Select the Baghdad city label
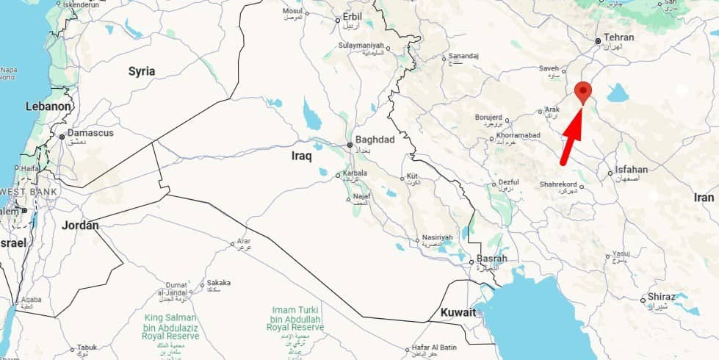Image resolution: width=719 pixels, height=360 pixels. click(375, 140)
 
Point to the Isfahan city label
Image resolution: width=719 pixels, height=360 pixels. click(631, 169)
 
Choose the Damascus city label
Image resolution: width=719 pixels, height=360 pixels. click(90, 133)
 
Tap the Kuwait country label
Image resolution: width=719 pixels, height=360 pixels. click(458, 312)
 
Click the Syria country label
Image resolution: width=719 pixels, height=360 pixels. click(142, 71)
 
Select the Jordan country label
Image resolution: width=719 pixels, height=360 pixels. click(80, 226)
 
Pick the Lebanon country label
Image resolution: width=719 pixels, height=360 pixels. click(48, 107)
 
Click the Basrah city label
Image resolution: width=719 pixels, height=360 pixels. click(492, 259)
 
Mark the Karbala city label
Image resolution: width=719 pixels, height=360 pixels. click(355, 173)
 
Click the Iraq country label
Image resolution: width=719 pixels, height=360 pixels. click(302, 156)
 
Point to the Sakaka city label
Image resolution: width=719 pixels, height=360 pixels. click(219, 282)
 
